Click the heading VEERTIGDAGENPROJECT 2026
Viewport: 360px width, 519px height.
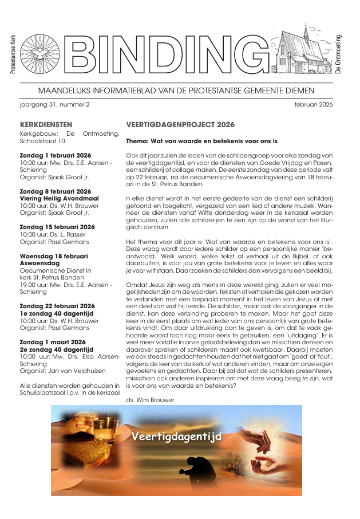pos(180,124)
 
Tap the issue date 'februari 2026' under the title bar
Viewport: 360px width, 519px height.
pos(314,104)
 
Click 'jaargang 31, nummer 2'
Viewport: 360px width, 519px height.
pos(55,104)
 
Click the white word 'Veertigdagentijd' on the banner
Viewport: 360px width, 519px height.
pos(176,437)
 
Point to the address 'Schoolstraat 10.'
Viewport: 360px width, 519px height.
pos(43,140)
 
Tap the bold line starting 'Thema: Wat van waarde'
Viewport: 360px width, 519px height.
pos(201,140)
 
